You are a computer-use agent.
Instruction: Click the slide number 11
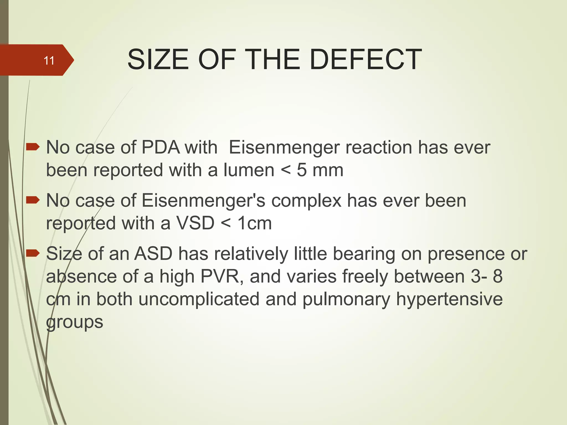tap(49, 60)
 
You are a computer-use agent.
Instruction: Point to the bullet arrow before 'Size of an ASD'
tap(33, 253)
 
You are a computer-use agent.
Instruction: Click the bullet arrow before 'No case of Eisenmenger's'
tap(33, 200)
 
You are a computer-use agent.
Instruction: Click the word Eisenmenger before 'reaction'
tap(284, 147)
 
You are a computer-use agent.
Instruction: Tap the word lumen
tap(249, 170)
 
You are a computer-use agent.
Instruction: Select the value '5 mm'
tap(320, 170)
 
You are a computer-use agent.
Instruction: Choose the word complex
tap(306, 201)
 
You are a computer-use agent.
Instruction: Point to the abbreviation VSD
tap(195, 223)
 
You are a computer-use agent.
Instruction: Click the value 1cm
tap(255, 223)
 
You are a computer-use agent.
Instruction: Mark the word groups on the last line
tap(74, 322)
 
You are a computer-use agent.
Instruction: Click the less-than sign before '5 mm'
tap(285, 170)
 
